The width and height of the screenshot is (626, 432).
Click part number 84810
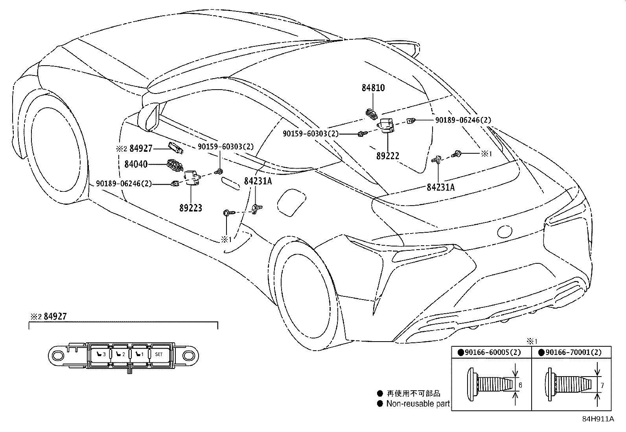coord(373,88)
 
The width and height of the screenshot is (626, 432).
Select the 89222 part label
coord(387,156)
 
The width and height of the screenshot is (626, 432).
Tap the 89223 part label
coord(191,208)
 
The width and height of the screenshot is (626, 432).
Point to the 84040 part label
coord(136,164)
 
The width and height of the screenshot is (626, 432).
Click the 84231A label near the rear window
coord(440,188)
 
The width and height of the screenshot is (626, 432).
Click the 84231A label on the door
coord(258,181)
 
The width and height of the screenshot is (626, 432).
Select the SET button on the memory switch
coord(158,354)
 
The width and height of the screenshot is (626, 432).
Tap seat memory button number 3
coord(101,354)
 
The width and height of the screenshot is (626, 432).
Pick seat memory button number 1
coord(139,354)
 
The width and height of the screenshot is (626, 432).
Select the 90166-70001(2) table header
coord(573,352)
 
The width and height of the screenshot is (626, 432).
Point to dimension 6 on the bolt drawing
coord(520,385)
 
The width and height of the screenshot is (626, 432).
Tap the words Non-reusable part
coord(418,403)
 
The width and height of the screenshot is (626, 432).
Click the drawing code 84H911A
coord(598,419)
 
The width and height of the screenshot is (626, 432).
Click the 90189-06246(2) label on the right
coord(463,120)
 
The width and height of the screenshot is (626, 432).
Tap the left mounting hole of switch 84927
coord(57,355)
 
